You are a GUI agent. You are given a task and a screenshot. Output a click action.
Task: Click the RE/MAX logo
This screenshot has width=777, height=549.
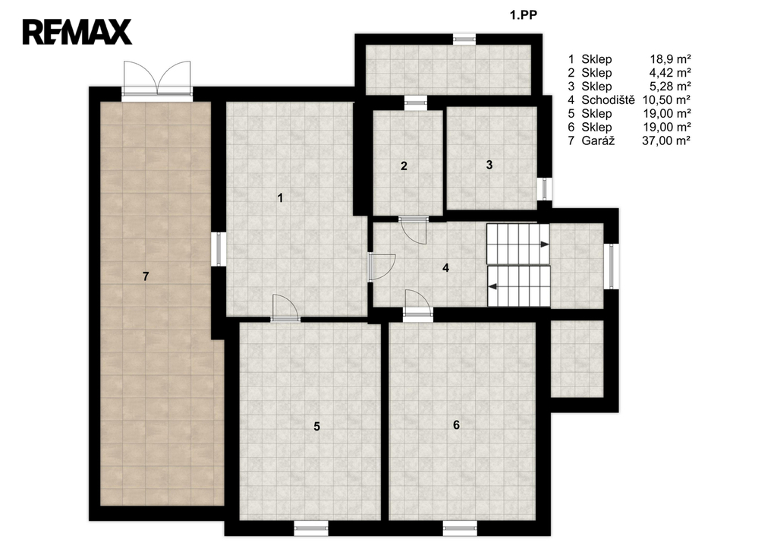click(x=77, y=32)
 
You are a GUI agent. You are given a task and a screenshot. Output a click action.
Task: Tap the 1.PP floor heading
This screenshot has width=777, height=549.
click(x=524, y=15)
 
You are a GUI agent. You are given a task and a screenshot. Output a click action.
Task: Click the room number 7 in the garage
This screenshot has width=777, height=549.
click(x=146, y=276)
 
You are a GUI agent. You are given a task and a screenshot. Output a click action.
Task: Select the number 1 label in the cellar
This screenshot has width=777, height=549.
click(x=281, y=198)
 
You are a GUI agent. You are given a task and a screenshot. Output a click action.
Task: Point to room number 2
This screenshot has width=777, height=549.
click(x=404, y=166)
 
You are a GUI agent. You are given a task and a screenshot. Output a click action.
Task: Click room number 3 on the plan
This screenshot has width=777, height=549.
click(x=489, y=165)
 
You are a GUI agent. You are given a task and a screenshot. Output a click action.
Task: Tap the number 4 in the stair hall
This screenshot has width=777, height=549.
click(x=445, y=268)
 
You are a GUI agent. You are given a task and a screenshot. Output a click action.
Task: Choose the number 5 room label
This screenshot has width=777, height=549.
click(x=317, y=426)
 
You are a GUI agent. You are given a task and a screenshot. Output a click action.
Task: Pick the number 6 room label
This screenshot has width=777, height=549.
click(x=456, y=424)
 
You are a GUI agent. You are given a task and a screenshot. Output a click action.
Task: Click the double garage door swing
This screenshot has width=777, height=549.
click(x=157, y=78)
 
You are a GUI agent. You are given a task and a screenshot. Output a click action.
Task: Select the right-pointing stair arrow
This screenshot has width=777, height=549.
click(x=544, y=244)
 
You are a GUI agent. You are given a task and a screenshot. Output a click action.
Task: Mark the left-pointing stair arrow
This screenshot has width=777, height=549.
click(x=493, y=286)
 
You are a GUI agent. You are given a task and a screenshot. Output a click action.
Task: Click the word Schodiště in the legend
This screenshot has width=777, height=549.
click(x=608, y=99)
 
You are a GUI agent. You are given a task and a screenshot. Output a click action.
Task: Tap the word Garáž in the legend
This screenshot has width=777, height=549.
click(x=598, y=140)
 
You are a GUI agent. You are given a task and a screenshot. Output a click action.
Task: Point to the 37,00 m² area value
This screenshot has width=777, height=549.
click(x=666, y=140)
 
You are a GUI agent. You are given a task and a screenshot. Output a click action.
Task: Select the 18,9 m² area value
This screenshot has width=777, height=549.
click(x=671, y=59)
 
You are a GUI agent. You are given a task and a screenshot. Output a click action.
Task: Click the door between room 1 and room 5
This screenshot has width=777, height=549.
click(x=285, y=308)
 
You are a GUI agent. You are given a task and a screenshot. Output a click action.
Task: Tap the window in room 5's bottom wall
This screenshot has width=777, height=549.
click(x=310, y=528)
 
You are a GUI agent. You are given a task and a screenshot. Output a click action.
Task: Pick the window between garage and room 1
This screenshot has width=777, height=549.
click(x=219, y=249)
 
